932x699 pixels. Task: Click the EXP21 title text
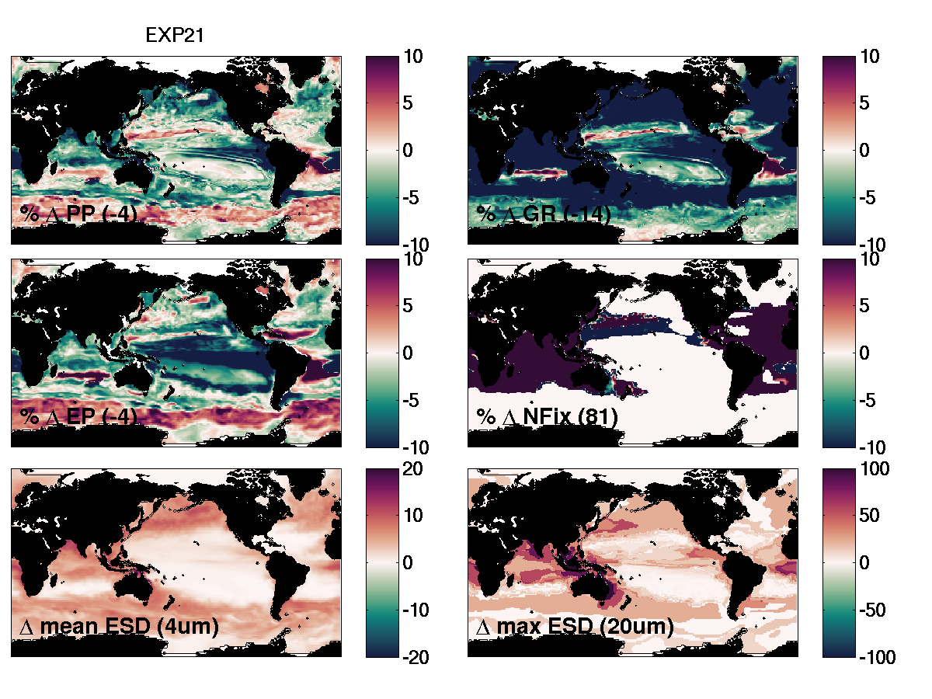click(175, 36)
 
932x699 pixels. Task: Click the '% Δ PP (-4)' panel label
click(78, 214)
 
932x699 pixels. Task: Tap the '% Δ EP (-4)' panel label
click(78, 417)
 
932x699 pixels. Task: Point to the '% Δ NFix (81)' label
click(547, 417)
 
